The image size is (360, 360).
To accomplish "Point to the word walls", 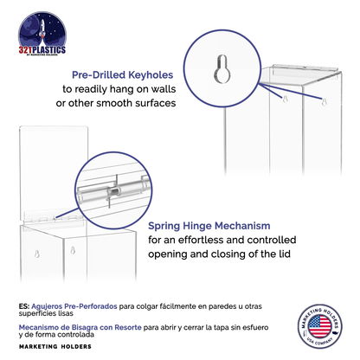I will (x=160, y=89).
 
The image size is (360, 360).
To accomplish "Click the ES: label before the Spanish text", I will (x=22, y=305).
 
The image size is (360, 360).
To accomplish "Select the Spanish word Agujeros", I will (x=46, y=305).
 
